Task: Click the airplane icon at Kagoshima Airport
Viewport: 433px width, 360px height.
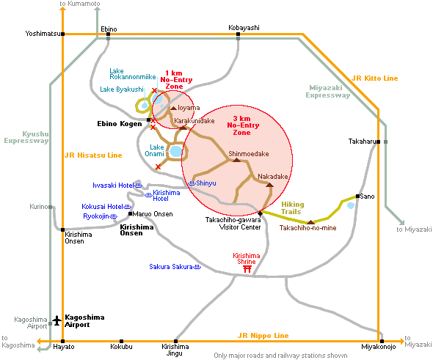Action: point(57,320)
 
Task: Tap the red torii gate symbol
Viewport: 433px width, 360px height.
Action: point(247,269)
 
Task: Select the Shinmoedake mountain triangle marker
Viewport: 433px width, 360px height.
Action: point(236,160)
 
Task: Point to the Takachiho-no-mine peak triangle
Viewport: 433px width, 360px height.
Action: point(311,222)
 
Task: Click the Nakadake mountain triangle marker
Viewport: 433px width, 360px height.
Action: point(269,185)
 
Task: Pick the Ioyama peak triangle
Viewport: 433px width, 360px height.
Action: point(173,108)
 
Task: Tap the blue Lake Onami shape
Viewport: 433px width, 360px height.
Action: point(176,151)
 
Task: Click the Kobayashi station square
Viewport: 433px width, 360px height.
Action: point(238,34)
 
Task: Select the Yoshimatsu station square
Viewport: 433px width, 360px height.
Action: point(63,34)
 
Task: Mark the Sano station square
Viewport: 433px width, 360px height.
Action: point(357,196)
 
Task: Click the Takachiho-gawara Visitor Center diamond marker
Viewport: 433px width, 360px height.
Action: point(260,213)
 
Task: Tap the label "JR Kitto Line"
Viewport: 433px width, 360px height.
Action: point(375,78)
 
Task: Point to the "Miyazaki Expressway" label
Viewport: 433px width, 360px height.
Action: point(327,92)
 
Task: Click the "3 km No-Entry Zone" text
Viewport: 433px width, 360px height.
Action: point(243,125)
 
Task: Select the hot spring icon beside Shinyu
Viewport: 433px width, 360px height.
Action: point(192,183)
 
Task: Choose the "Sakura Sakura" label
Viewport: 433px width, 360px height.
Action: point(171,267)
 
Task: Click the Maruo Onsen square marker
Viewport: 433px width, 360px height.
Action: point(131,214)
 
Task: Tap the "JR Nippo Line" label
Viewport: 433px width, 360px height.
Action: point(263,336)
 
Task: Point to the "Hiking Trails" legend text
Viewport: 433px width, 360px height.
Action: point(292,208)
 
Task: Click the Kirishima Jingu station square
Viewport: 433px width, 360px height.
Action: point(175,341)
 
